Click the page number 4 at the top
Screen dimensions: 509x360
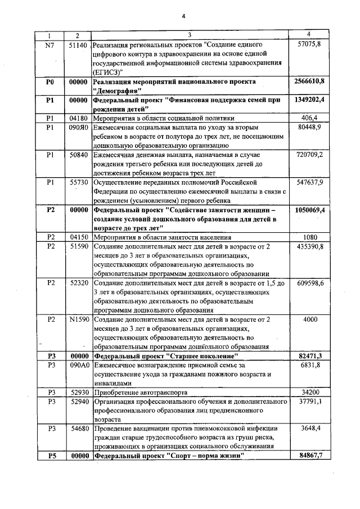click(183, 15)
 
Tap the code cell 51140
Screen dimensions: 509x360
click(77, 44)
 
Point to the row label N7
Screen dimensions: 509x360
click(49, 44)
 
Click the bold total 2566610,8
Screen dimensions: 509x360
click(309, 82)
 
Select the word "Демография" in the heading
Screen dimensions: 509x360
click(118, 91)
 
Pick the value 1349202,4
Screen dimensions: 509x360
click(309, 100)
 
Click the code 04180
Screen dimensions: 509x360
click(77, 118)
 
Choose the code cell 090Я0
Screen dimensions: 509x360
click(77, 127)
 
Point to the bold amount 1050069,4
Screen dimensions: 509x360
click(309, 210)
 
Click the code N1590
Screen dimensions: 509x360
click(77, 319)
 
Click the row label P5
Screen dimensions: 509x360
click(49, 456)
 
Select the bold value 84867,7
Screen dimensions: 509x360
click(309, 456)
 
